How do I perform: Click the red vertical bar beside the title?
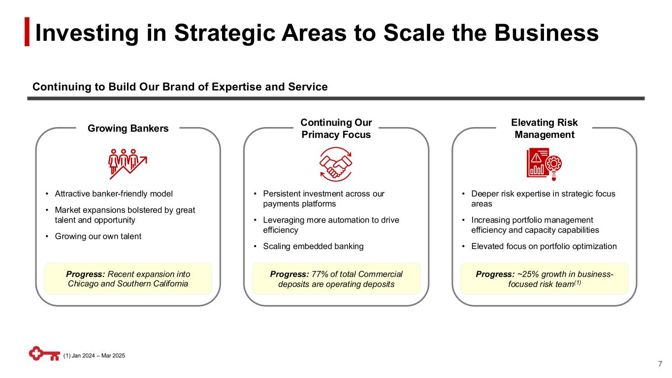(28, 32)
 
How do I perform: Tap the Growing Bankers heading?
(128, 128)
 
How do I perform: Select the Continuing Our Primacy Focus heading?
(336, 128)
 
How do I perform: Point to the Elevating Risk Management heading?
(544, 128)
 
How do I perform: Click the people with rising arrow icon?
(128, 161)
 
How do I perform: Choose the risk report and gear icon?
(544, 162)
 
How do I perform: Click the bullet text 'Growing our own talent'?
(98, 236)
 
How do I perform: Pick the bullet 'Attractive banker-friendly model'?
(114, 193)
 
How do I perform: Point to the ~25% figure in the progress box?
(515, 274)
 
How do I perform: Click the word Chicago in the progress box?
(81, 284)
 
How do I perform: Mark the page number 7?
(660, 364)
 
